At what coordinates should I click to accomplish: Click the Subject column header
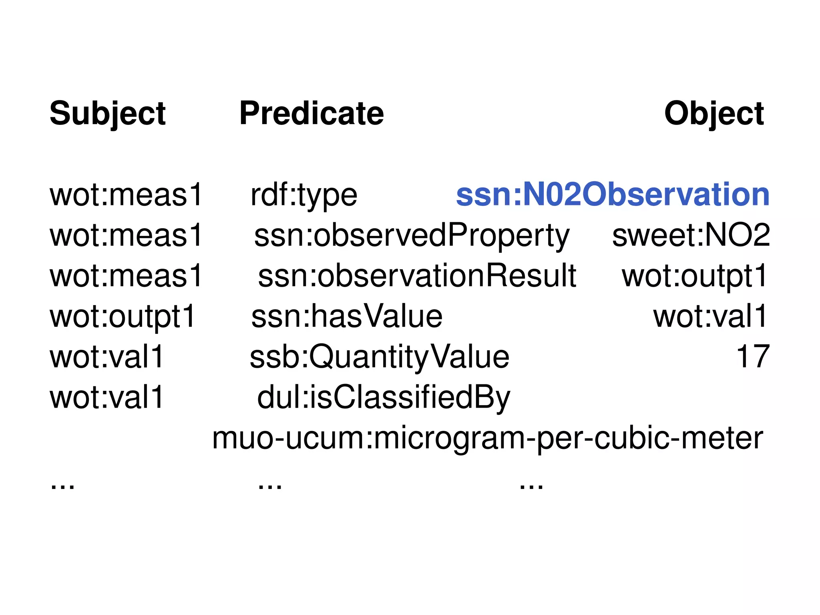[107, 114]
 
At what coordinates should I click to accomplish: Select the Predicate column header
[312, 114]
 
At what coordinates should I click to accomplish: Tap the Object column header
[714, 114]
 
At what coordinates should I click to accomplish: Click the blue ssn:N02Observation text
[613, 195]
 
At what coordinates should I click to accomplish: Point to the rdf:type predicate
[303, 196]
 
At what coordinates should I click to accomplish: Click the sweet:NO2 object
[691, 235]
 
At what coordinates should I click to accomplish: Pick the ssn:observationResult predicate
[417, 276]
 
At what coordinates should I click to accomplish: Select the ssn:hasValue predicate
[347, 317]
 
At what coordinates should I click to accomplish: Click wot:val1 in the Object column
[710, 317]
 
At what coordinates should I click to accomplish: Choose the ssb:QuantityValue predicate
[379, 358]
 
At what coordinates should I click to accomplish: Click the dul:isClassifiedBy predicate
[384, 398]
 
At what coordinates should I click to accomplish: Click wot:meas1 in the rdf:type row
[126, 195]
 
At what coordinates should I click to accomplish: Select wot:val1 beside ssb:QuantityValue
[107, 357]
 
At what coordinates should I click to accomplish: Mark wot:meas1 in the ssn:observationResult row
[126, 276]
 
